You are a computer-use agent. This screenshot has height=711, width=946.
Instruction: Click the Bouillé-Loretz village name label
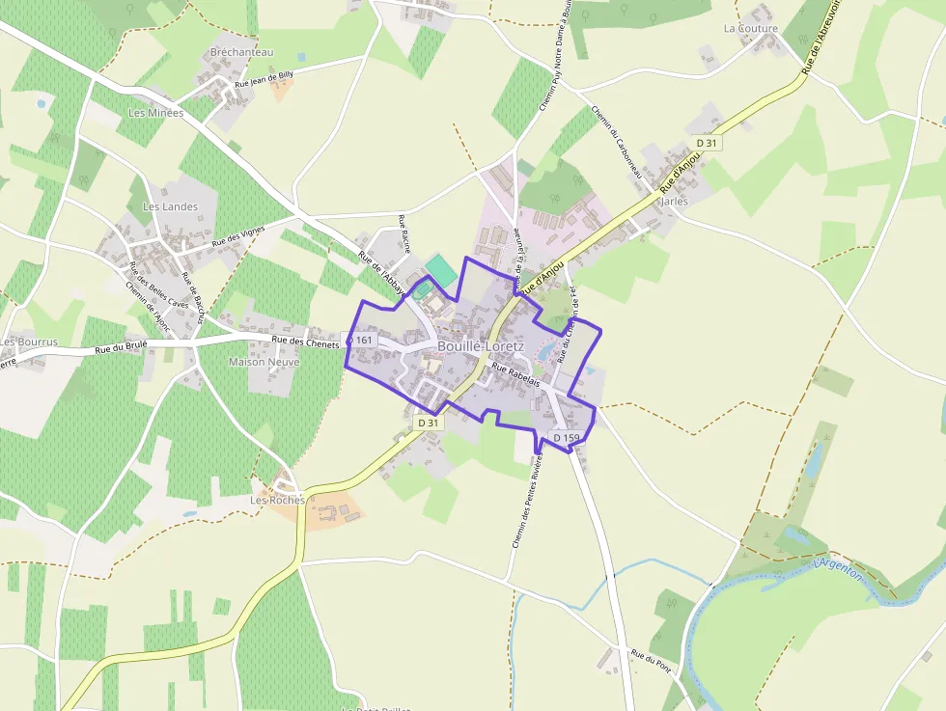(481, 345)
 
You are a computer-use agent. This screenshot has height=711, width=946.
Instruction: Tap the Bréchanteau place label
(241, 52)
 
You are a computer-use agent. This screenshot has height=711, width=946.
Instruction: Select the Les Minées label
(155, 113)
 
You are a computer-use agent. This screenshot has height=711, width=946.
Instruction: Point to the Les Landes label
(170, 206)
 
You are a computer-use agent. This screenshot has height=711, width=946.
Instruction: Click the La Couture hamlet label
(750, 29)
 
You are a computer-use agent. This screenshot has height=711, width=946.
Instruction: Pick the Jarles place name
(674, 202)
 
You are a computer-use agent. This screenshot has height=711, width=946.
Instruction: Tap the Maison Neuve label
(264, 362)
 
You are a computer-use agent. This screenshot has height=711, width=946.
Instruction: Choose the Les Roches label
(277, 500)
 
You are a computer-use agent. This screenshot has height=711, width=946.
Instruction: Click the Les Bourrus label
(30, 342)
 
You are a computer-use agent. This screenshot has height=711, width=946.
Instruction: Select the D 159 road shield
(567, 438)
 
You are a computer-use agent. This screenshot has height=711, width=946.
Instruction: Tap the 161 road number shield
(362, 340)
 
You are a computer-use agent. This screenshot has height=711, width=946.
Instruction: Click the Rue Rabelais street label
(515, 375)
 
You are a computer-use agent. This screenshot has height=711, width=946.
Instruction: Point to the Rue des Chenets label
(305, 341)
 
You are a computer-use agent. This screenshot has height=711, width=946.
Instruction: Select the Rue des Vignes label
(238, 235)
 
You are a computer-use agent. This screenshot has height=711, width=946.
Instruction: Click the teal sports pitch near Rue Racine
(441, 269)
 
